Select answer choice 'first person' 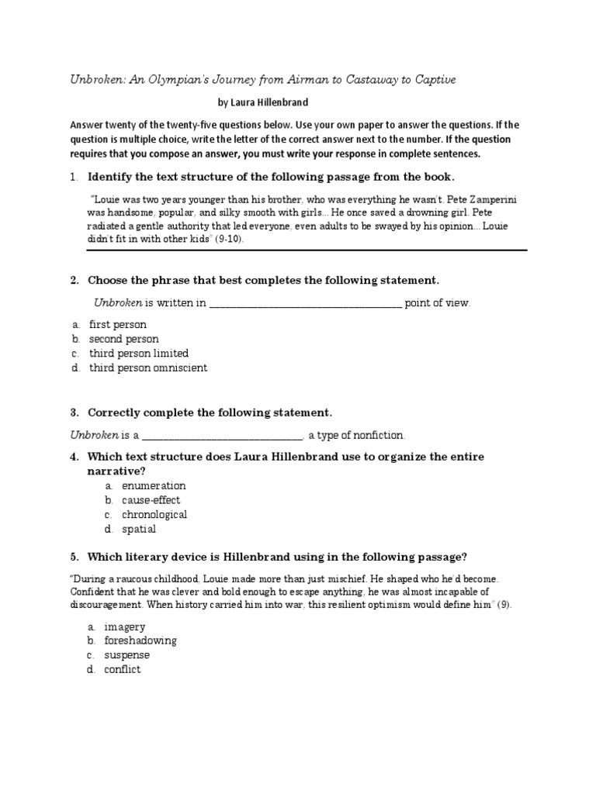coord(117,324)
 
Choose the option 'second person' coord(123,339)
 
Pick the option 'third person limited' coord(138,354)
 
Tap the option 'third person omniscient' coord(147,368)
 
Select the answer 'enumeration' coord(154,485)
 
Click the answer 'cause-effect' coord(151,500)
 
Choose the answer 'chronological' coord(154,515)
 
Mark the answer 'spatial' coord(139,530)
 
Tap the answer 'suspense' coord(126,655)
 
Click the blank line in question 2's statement coord(305,303)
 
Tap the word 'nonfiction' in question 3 coord(378,436)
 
